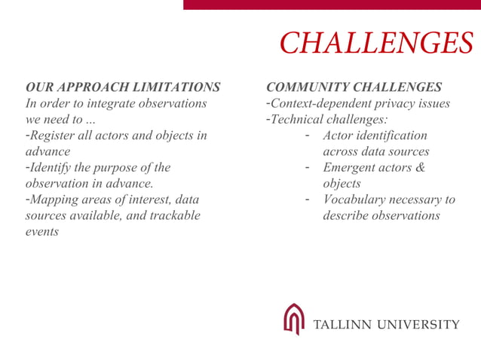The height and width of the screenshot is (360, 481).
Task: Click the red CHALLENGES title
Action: click(x=376, y=44)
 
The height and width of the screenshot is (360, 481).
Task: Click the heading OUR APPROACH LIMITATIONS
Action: click(x=123, y=87)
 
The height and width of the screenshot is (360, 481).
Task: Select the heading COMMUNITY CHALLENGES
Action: click(x=354, y=87)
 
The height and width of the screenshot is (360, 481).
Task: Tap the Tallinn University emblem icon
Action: click(x=294, y=319)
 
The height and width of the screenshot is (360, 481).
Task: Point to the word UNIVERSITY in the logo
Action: click(x=418, y=325)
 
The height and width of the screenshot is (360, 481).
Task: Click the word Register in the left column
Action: click(x=55, y=136)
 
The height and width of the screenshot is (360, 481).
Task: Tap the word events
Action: click(x=42, y=231)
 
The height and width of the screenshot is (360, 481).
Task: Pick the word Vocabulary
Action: click(x=357, y=200)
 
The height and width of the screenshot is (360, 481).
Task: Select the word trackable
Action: click(x=173, y=215)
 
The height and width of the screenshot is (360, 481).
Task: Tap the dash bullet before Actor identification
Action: click(x=308, y=136)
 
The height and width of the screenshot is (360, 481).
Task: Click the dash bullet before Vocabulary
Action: click(x=308, y=200)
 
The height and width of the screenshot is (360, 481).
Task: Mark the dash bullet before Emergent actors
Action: click(x=308, y=167)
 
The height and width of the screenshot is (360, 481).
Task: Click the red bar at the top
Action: click(x=332, y=5)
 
